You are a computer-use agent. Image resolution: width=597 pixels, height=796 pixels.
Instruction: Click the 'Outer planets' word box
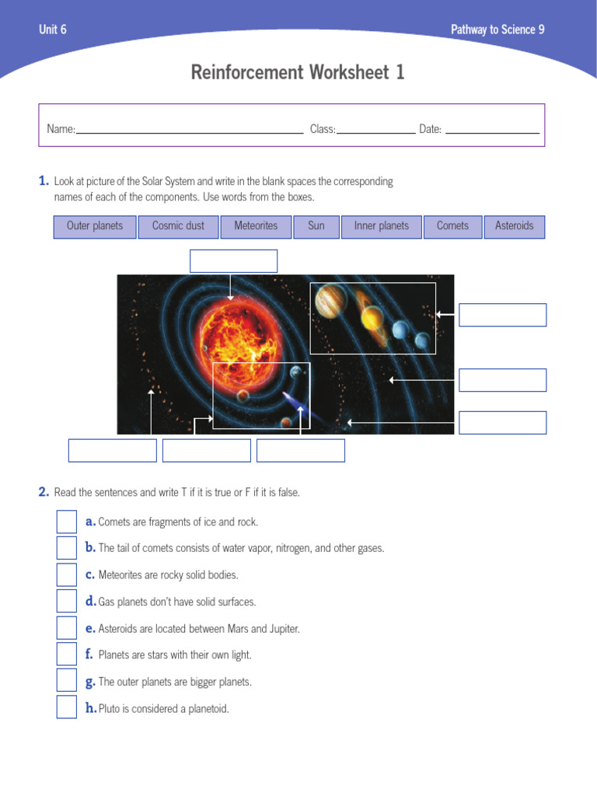(x=95, y=226)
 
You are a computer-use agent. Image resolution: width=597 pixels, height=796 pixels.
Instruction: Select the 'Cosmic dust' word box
(x=178, y=226)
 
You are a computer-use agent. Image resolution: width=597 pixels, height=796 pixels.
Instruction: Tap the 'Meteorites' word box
(x=256, y=226)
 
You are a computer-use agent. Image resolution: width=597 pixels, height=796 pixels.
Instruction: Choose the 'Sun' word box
(x=316, y=226)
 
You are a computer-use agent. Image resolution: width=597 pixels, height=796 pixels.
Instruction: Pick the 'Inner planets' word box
(x=381, y=226)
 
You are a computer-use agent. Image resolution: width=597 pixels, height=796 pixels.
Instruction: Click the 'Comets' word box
(x=452, y=226)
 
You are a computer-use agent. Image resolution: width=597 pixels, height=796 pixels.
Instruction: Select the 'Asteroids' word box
(x=515, y=226)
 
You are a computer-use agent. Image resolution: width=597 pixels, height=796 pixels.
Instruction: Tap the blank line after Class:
(x=375, y=130)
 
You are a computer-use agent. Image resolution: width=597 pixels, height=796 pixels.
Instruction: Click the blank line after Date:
(x=492, y=130)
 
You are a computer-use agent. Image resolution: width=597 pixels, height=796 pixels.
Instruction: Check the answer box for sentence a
(x=67, y=522)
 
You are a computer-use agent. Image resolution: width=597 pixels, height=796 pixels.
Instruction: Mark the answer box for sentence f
(x=67, y=655)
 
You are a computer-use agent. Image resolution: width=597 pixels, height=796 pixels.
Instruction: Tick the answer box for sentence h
(x=67, y=707)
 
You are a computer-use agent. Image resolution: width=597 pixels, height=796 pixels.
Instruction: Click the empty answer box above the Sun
(x=233, y=261)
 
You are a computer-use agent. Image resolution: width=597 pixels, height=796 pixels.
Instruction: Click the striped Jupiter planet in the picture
(x=330, y=301)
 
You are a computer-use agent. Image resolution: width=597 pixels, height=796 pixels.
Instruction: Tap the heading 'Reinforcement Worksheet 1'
(x=298, y=73)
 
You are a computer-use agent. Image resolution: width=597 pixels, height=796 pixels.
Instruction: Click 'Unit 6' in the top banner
(x=53, y=30)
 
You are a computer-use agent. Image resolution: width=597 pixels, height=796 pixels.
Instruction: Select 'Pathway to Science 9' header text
(x=497, y=30)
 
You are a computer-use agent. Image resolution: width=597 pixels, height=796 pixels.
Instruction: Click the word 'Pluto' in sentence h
(x=110, y=709)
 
